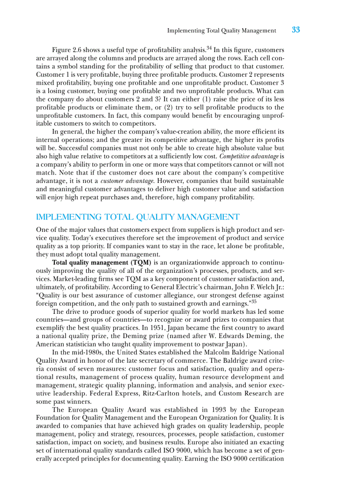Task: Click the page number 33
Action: point(296,30)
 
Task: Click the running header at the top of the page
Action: point(222,31)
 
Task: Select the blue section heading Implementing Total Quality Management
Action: point(138,217)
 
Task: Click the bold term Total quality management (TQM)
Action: point(102,263)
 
